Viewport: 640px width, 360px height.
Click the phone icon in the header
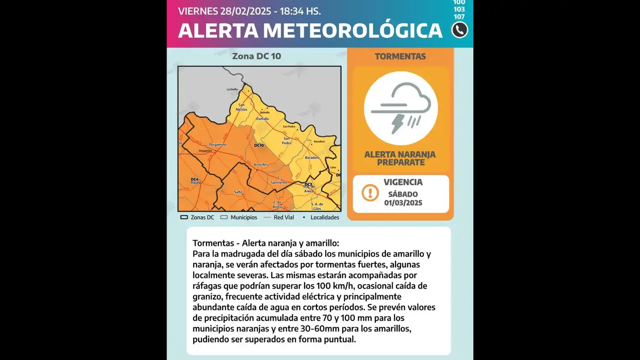click(460, 30)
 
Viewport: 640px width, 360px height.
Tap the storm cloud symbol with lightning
click(401, 108)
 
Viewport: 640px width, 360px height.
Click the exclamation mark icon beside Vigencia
click(370, 193)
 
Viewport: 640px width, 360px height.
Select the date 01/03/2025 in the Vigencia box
click(403, 203)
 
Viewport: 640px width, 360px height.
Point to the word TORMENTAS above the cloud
click(400, 56)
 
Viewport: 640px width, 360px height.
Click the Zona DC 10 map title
click(256, 56)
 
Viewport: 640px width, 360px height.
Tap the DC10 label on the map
click(259, 145)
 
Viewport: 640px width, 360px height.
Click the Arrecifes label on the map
click(261, 165)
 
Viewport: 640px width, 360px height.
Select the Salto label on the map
click(238, 192)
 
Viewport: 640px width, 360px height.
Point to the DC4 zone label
click(195, 180)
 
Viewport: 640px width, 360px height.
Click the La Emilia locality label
click(232, 90)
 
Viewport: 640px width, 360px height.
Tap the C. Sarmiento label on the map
click(279, 180)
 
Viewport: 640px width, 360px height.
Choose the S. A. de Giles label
click(317, 206)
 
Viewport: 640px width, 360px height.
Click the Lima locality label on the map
click(333, 168)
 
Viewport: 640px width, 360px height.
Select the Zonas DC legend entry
click(198, 218)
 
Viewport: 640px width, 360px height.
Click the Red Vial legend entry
click(279, 218)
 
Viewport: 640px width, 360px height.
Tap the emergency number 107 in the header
click(459, 17)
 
